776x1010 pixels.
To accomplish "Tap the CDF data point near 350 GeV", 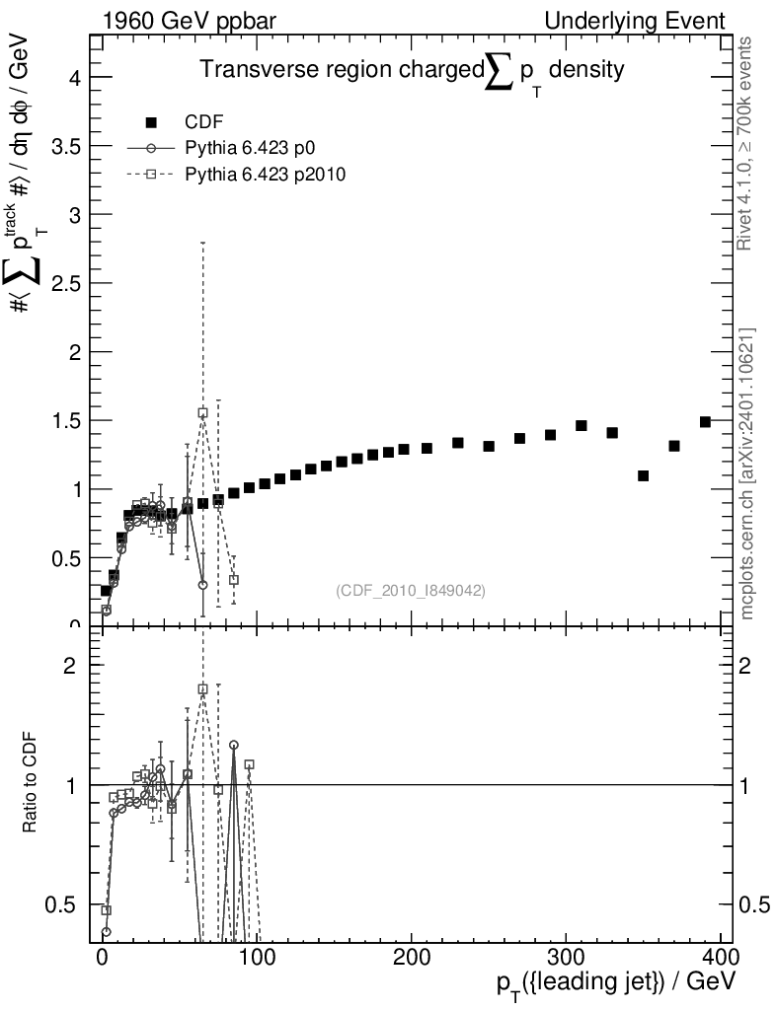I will point(643,475).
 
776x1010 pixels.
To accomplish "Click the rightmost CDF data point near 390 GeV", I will point(705,421).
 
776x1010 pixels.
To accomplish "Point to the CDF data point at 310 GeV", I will point(582,425).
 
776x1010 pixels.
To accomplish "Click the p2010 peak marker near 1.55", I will point(202,413).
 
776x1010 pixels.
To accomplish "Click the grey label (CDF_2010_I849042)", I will point(411,590).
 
